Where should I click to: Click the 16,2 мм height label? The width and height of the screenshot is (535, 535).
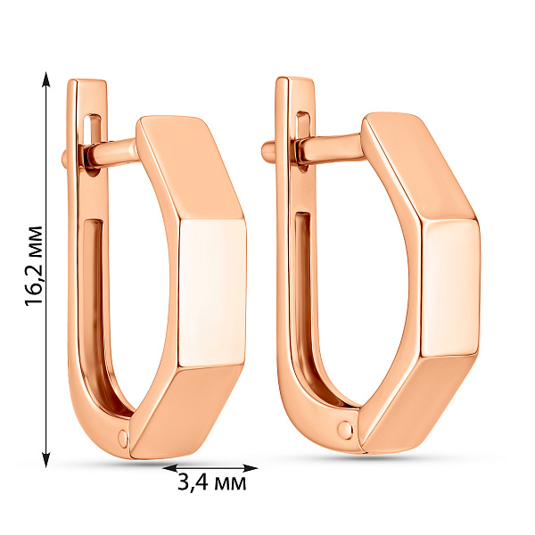34,266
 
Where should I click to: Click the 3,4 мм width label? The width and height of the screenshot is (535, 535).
211,482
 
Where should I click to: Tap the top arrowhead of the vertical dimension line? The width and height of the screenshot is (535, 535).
46,79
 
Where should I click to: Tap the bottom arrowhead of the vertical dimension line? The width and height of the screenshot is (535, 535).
46,459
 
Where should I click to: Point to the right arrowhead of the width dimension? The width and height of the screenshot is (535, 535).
250,468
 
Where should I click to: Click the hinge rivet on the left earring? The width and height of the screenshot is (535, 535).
123,437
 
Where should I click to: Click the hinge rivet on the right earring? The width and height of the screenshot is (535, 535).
344,428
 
